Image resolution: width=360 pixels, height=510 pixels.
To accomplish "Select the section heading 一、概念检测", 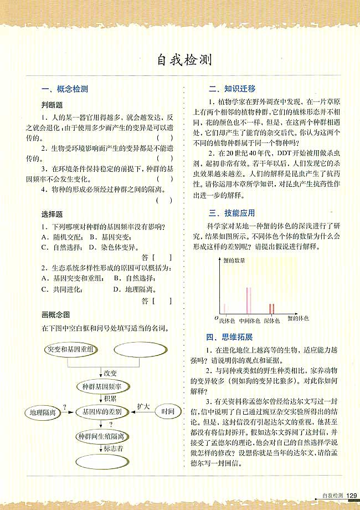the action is tap(64, 89).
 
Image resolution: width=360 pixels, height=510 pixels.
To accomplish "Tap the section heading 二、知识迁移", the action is tap(232, 89).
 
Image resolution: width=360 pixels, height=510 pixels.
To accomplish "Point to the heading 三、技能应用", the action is tap(232, 212).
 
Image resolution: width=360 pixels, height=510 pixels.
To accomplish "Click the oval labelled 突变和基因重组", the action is tap(70, 350).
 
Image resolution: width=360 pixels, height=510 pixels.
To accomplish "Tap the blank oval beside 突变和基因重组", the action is tap(136, 350).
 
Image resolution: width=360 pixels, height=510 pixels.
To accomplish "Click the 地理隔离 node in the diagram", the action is tap(41, 412).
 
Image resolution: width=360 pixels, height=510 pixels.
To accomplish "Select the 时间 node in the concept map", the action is tap(168, 412).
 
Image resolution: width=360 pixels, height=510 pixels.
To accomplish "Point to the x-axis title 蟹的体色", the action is tap(298, 319).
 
